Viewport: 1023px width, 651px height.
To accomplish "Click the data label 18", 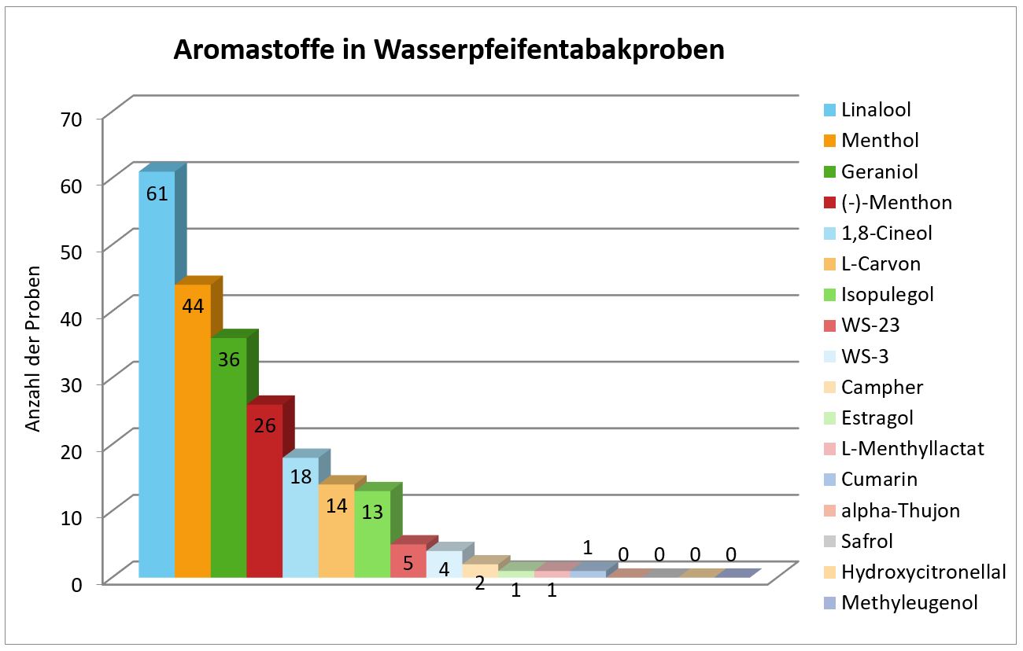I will click(x=301, y=476).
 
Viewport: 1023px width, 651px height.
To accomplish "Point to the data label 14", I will click(x=337, y=506).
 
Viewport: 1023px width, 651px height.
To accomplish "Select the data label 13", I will click(x=372, y=512).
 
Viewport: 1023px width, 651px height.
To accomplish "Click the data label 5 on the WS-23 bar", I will click(x=408, y=563).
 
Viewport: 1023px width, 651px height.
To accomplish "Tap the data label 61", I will click(x=157, y=193).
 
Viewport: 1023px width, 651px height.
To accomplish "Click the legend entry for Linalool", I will click(x=876, y=109).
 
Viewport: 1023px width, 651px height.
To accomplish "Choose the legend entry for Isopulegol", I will click(x=887, y=295).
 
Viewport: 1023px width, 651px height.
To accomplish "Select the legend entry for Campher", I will click(x=881, y=387).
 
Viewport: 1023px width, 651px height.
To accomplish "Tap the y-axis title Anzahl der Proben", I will click(x=33, y=354).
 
